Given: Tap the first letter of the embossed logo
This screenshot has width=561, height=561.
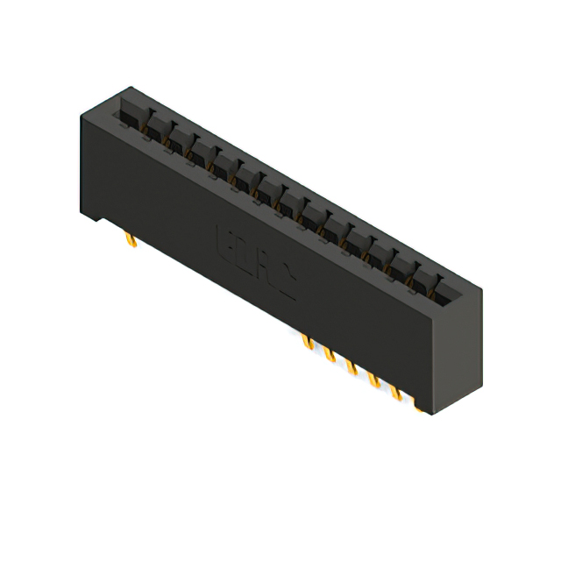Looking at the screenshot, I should pos(223,240).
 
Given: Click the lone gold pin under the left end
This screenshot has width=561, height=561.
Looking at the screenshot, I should pos(129,239).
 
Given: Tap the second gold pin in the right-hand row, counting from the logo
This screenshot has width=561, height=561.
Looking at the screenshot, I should pos(329,352).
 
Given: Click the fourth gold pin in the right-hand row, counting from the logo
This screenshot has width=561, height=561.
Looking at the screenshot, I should pos(374,378).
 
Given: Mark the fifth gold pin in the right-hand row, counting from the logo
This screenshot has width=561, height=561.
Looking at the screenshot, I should pos(397,392).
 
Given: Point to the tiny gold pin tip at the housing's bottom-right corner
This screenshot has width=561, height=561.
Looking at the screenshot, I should pos(420,408).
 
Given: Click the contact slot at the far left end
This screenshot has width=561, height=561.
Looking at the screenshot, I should pos(131,112).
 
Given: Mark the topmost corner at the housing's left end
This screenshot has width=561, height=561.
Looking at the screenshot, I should pos(131,87).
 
